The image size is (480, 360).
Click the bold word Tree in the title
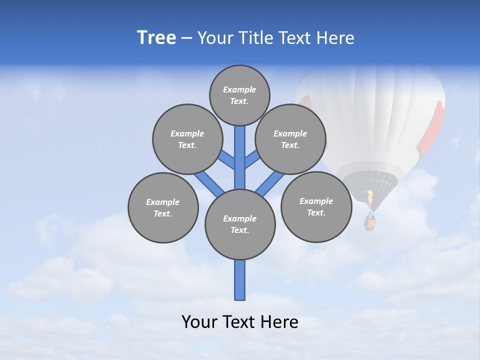156,37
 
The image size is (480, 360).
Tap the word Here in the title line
335,38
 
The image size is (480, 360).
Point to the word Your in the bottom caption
199,322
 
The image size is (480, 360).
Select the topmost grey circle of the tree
239,95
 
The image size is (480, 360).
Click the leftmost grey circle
163,207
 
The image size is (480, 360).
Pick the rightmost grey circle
316,206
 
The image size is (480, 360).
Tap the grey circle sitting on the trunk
240,224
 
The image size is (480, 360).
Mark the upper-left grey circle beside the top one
187,139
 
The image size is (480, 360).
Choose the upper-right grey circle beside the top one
290,139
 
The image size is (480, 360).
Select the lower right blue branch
270,183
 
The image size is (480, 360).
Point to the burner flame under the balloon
370,198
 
